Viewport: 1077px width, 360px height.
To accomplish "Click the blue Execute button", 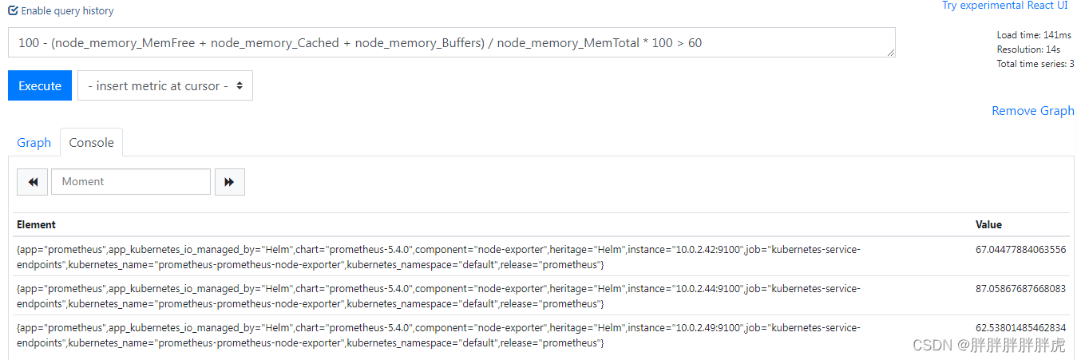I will (40, 85).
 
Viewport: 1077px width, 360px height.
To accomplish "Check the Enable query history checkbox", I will (13, 11).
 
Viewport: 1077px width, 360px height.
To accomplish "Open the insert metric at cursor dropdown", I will (165, 85).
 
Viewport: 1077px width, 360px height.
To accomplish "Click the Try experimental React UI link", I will (1004, 6).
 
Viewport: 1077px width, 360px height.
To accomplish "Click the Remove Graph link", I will (1032, 111).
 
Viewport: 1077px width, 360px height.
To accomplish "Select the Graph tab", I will (34, 142).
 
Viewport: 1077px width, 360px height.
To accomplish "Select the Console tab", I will (91, 142).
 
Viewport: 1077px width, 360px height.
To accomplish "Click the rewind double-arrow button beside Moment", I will (33, 182).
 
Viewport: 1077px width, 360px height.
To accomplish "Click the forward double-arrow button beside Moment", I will (229, 182).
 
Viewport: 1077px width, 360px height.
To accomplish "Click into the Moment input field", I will (131, 182).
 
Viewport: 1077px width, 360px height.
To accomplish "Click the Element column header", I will (36, 224).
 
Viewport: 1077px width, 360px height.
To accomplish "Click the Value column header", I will (988, 224).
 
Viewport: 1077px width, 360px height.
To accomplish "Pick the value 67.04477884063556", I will (1020, 250).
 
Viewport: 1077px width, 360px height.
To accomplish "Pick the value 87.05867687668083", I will (1020, 289).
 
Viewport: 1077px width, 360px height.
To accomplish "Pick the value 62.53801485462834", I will (1020, 328).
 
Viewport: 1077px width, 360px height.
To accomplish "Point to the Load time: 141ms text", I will (1033, 35).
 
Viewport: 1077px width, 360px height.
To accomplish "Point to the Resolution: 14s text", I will (1028, 49).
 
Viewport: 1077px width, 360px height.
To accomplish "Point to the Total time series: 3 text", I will (1035, 64).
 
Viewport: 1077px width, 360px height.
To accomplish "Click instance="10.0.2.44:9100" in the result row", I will (687, 289).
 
